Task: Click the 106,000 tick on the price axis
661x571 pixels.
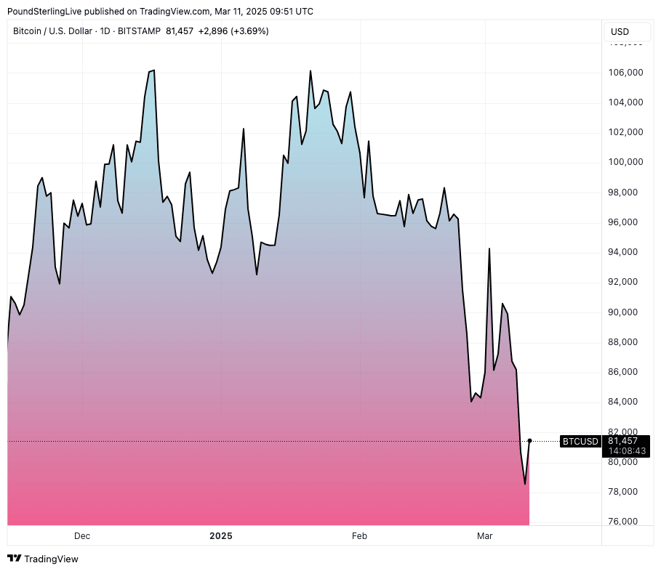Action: [625, 73]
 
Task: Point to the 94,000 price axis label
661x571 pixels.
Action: [625, 252]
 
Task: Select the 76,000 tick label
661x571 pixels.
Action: [625, 522]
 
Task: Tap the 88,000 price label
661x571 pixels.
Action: [625, 342]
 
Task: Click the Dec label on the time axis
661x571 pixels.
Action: [82, 536]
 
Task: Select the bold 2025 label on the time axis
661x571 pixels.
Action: [220, 536]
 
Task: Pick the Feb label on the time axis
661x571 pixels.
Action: [359, 536]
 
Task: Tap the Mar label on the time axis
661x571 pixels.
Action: [484, 536]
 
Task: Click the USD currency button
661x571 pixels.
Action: [620, 32]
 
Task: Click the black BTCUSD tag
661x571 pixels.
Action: [580, 441]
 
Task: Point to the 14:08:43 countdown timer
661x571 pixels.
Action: [627, 451]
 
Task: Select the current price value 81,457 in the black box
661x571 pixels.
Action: [622, 441]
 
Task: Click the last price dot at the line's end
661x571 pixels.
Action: [529, 440]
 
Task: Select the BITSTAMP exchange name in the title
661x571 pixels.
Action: [140, 31]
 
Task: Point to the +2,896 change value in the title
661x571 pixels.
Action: [212, 31]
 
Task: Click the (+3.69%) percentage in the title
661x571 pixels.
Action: [250, 31]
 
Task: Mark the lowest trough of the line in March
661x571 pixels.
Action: [524, 484]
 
